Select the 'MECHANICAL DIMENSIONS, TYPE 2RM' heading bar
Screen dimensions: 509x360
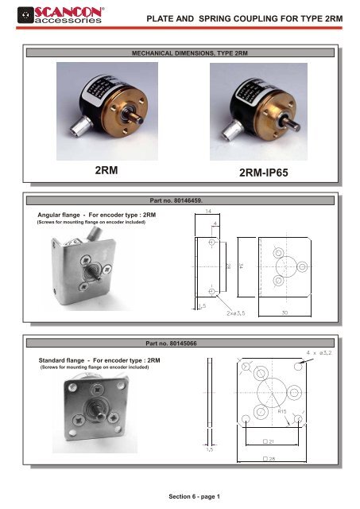click(x=180, y=52)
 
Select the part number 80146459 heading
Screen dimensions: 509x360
click(x=180, y=202)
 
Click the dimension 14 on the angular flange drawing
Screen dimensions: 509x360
click(x=208, y=212)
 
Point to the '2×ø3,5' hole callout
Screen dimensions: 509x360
click(x=242, y=314)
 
